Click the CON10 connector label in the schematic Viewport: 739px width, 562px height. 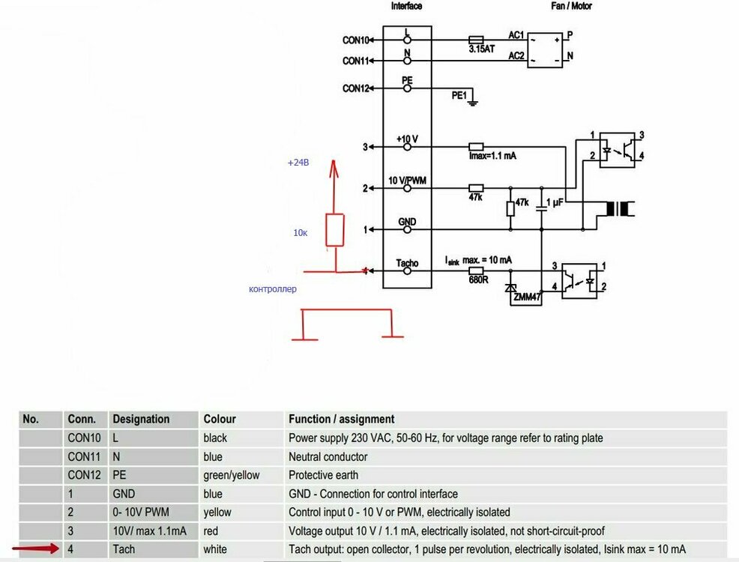click(x=356, y=40)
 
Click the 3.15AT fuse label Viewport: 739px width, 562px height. click(x=481, y=48)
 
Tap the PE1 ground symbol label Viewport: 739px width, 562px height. click(x=459, y=96)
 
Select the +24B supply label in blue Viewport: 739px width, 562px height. click(x=298, y=163)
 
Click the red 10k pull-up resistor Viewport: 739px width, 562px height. click(x=335, y=229)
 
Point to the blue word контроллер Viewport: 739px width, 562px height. click(x=273, y=288)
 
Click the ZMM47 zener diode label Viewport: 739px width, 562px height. click(x=527, y=297)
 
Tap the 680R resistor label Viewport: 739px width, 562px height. click(x=478, y=280)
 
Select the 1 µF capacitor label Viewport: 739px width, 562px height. click(x=555, y=203)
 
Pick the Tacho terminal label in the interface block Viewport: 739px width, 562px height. click(x=406, y=263)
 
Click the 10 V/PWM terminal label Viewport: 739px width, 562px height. click(x=407, y=181)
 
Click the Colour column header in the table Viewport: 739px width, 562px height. click(x=219, y=419)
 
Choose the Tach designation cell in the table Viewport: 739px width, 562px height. click(x=124, y=549)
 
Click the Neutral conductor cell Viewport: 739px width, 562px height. click(x=328, y=456)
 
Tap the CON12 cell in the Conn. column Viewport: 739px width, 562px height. click(x=83, y=475)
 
